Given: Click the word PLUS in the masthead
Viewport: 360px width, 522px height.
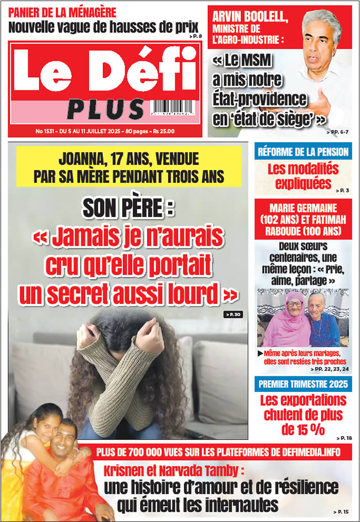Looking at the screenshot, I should coord(105,109).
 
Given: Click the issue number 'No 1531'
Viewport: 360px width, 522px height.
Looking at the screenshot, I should coord(46,131).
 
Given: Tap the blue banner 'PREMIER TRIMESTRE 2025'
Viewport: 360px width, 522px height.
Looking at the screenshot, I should coord(303,384).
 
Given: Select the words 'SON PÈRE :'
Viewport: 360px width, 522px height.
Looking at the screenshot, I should coord(129,208).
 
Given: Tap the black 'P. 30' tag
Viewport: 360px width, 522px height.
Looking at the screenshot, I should coord(233,314).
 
